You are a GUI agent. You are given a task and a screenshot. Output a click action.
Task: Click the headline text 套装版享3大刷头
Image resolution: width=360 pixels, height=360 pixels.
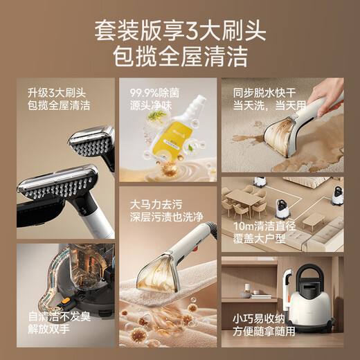pos(179,31)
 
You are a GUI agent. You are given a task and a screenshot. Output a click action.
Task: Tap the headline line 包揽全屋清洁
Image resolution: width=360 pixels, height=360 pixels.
pos(179,56)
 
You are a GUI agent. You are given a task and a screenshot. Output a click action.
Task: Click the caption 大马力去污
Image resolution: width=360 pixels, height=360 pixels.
pos(156,205)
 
